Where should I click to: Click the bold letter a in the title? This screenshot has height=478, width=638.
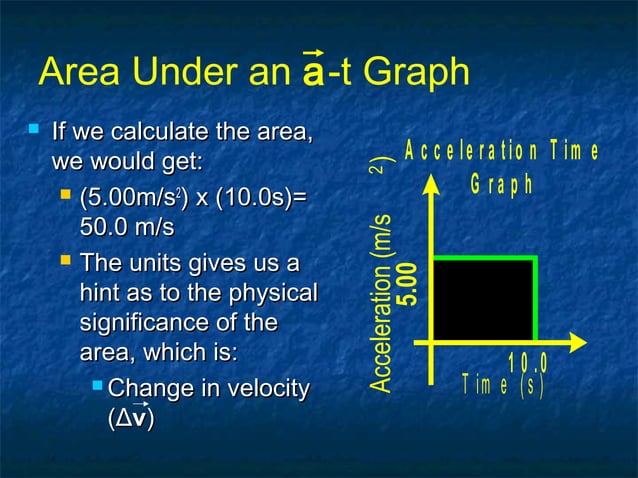click(312, 76)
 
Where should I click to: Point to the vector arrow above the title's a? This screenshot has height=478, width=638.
click(312, 53)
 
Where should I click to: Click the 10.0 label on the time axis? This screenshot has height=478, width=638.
click(528, 362)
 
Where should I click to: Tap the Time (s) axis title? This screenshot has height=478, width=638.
click(502, 385)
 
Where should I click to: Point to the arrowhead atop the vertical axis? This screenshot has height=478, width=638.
click(432, 184)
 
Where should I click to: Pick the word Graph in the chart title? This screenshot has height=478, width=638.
click(502, 187)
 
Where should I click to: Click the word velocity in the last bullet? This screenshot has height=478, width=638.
click(261, 388)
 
